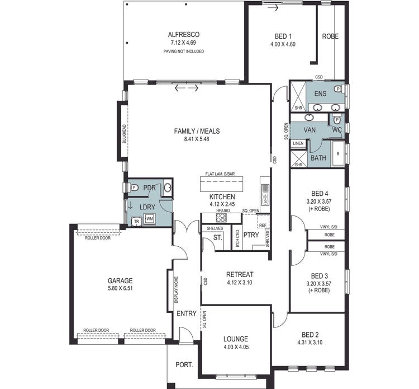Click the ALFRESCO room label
183,34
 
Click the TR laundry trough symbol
136,221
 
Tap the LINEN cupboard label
298,144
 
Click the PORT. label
184,365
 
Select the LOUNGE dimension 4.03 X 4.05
235,347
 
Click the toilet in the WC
337,120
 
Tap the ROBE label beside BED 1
330,37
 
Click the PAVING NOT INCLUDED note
183,51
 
